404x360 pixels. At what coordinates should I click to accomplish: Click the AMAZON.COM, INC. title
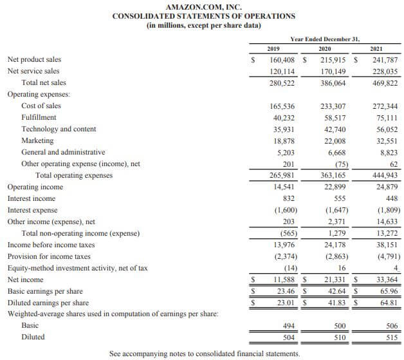(x=204, y=6)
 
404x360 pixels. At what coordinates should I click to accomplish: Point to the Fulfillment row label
(x=39, y=117)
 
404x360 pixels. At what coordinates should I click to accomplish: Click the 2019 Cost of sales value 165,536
(x=284, y=106)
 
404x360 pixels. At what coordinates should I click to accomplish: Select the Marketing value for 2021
(x=386, y=140)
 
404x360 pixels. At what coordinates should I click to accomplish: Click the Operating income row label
(x=35, y=187)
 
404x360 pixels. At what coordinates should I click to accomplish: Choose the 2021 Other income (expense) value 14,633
(x=386, y=222)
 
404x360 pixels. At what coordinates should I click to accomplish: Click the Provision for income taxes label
(x=48, y=256)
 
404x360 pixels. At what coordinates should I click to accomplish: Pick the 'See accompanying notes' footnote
(x=204, y=354)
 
